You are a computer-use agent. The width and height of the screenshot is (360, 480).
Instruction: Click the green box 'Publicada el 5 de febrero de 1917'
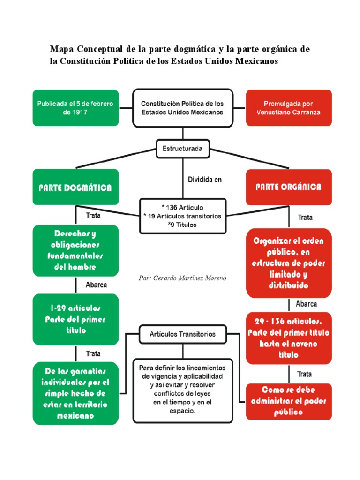click(x=75, y=108)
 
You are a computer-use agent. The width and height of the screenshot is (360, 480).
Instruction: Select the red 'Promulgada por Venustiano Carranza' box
click(x=289, y=108)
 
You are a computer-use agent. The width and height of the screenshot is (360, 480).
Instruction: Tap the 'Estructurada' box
click(x=183, y=149)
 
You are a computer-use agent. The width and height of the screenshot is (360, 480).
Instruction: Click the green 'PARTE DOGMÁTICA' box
click(x=75, y=187)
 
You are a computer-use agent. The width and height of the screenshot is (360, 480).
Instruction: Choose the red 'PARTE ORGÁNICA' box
click(x=289, y=187)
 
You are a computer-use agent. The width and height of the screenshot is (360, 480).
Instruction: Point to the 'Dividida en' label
click(x=205, y=180)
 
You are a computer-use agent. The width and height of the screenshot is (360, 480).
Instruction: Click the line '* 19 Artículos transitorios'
click(x=182, y=216)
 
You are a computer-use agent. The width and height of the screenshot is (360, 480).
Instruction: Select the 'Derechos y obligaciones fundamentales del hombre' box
click(x=75, y=251)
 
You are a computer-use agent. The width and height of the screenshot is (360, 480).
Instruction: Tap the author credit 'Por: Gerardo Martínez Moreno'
click(x=182, y=278)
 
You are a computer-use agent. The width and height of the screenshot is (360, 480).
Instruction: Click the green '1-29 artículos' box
click(x=75, y=319)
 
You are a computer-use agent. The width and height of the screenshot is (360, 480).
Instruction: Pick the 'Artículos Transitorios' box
click(x=183, y=334)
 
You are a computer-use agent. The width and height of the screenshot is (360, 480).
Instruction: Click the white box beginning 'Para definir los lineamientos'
click(x=183, y=391)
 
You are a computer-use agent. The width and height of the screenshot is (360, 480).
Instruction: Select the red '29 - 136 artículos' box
click(x=289, y=338)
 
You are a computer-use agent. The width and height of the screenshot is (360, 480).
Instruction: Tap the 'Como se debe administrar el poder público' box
click(x=289, y=401)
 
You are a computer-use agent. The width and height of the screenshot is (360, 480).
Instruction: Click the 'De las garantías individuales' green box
click(x=75, y=393)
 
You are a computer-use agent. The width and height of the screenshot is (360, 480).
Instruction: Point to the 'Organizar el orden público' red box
click(x=289, y=263)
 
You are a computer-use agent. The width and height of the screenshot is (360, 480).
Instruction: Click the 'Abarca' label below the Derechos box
click(x=96, y=285)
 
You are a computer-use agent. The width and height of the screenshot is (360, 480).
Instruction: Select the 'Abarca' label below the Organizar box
click(x=306, y=304)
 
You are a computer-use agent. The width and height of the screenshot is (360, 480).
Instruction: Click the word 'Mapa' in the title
click(x=62, y=49)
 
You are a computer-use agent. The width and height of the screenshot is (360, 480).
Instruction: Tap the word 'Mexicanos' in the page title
click(x=256, y=61)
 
